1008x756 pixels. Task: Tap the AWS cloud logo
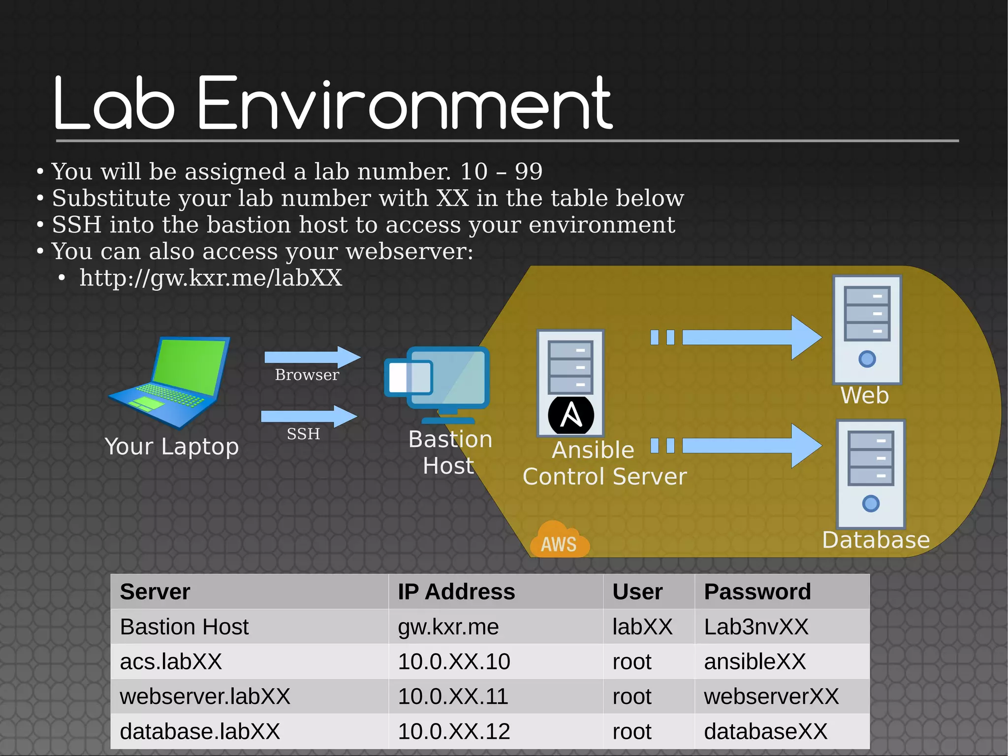tap(560, 540)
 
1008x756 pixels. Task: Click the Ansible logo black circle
tap(571, 415)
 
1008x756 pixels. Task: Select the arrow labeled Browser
tap(312, 357)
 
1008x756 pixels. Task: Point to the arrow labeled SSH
tap(309, 417)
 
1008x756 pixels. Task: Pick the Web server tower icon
tap(867, 329)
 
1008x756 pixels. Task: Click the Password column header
tap(757, 592)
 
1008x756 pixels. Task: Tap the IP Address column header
tap(456, 592)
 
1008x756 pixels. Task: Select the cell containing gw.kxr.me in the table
tap(448, 627)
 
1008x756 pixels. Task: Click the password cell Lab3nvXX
tap(756, 627)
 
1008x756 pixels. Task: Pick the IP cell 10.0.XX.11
tap(453, 696)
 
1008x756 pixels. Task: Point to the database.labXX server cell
tap(200, 731)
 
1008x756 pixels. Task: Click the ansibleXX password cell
tap(755, 661)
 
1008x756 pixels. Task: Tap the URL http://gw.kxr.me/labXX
tap(211, 278)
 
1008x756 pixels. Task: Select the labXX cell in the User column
tap(642, 627)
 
